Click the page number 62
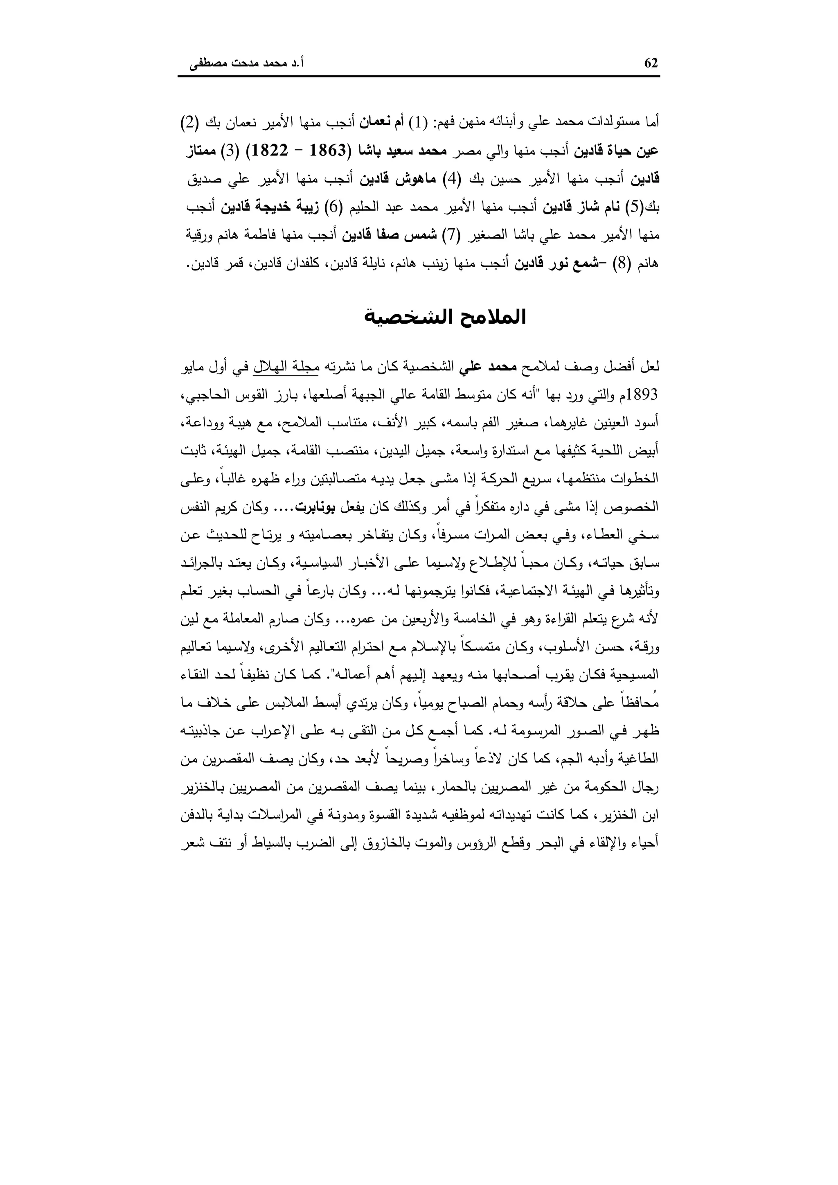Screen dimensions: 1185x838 pos(651,63)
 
